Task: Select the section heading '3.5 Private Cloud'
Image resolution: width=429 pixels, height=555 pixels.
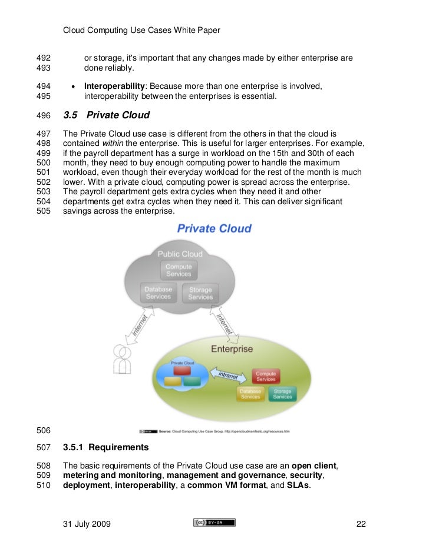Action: pyautogui.click(x=107, y=115)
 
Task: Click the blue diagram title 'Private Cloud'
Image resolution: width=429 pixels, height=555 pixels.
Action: pyautogui.click(x=214, y=228)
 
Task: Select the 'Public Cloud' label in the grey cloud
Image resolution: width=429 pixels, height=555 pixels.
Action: pyautogui.click(x=180, y=254)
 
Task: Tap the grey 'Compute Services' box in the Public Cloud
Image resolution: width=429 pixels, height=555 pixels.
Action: pyautogui.click(x=179, y=270)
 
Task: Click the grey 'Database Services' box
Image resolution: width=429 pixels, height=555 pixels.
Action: pyautogui.click(x=158, y=293)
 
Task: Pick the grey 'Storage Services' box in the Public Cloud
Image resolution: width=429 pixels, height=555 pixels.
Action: pyautogui.click(x=200, y=293)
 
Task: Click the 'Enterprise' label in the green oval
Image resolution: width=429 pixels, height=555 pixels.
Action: pyautogui.click(x=232, y=349)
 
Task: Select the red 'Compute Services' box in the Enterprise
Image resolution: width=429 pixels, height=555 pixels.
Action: pyautogui.click(x=266, y=376)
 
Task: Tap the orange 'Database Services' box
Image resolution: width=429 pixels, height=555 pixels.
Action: pyautogui.click(x=250, y=394)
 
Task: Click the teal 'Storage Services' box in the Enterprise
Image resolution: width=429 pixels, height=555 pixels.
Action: pyautogui.click(x=282, y=394)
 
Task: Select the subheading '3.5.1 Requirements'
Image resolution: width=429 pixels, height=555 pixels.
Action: pyautogui.click(x=105, y=448)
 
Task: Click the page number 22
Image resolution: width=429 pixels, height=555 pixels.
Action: pyautogui.click(x=362, y=524)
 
